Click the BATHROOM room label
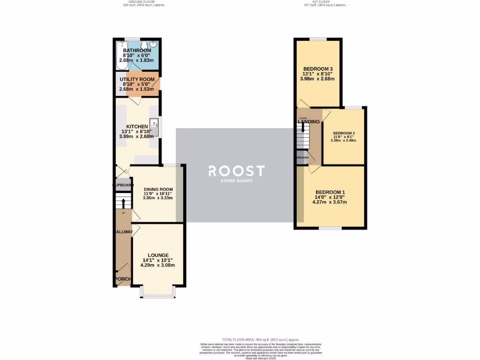[137, 50]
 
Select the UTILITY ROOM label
[137, 79]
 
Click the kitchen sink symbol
[155, 127]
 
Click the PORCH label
[122, 279]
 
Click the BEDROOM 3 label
[318, 69]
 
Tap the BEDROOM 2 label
[344, 133]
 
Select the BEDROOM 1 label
[330, 192]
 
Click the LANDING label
[309, 122]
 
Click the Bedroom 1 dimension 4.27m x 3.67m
[330, 202]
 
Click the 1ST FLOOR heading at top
[325, 2]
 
